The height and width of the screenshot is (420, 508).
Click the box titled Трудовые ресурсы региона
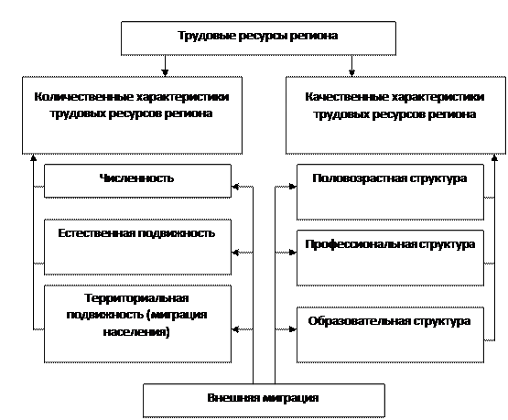(x=258, y=38)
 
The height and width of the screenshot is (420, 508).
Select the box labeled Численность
(x=137, y=180)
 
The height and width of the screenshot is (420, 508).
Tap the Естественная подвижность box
(x=137, y=247)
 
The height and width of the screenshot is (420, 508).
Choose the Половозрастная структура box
(x=391, y=192)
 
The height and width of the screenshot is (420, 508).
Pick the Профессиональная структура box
(x=391, y=258)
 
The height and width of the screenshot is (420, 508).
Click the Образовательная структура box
(x=391, y=335)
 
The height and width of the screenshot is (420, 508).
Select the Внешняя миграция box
(x=264, y=401)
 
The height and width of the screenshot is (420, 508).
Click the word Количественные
(x=83, y=97)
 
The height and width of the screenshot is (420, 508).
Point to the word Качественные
(x=346, y=97)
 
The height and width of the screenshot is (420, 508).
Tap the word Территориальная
(x=136, y=298)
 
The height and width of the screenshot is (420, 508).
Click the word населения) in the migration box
(x=136, y=332)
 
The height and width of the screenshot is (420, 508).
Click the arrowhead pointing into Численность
(x=235, y=187)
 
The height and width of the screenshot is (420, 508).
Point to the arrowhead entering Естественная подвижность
(x=235, y=253)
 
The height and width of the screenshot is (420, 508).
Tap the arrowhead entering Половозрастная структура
(x=293, y=187)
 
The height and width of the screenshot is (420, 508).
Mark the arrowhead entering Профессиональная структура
(x=293, y=253)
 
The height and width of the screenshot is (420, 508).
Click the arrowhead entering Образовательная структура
(x=293, y=329)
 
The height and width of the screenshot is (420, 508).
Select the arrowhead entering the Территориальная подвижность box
(x=235, y=329)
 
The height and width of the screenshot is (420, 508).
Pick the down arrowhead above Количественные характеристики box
(x=165, y=72)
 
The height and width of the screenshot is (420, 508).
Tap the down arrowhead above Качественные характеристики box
(x=351, y=72)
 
